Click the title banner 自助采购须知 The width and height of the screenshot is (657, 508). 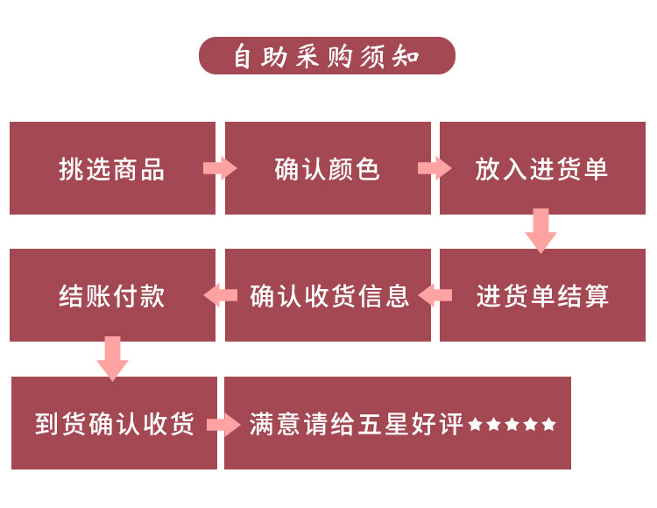pos(327,56)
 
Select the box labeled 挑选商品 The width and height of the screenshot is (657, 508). pos(112,168)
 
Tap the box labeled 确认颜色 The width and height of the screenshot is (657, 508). pos(328,168)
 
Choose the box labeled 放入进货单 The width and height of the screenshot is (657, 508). pos(542,168)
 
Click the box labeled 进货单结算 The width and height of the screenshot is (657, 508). pos(542,295)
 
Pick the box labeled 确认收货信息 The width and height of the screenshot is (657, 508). pos(328,295)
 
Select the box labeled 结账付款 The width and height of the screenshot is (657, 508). pos(112,295)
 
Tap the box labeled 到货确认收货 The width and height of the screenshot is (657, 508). pos(114,423)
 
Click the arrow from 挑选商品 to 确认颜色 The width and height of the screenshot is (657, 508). pos(220,168)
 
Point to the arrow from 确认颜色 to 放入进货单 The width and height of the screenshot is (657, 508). pos(434,168)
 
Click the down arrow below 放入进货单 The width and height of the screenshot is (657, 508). pos(541,230)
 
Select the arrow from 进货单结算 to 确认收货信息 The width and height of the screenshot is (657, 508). pos(435,295)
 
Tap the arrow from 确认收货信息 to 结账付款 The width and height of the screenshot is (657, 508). pos(220,295)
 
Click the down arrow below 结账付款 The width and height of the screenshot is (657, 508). pos(112,357)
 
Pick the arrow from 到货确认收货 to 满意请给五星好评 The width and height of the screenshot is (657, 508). pos(223,425)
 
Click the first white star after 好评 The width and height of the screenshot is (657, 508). pos(476,425)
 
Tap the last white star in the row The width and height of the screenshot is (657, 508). pos(549,425)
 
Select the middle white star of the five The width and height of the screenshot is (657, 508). pos(512,425)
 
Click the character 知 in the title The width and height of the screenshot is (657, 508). pos(408,57)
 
